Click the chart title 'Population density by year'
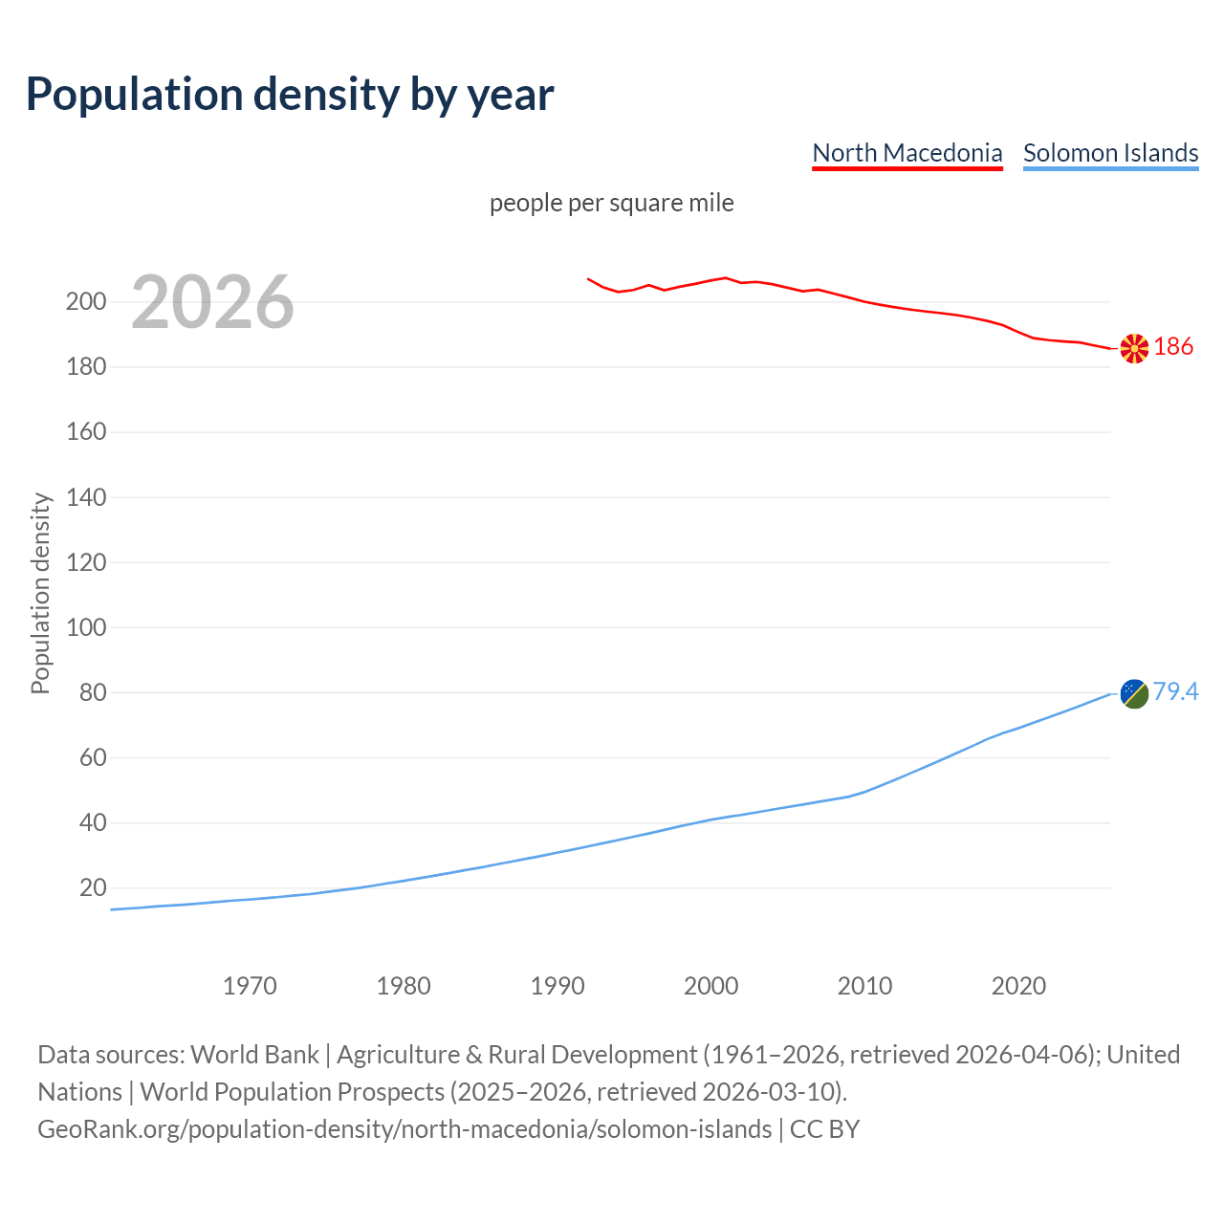pos(290,94)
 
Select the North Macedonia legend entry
pos(907,153)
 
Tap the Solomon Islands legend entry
pos(1110,153)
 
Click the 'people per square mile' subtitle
pos(611,203)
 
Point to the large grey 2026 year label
pos(212,302)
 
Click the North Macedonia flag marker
pos(1134,349)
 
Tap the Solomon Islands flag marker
pos(1134,693)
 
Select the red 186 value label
pos(1173,346)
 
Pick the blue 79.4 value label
pos(1175,691)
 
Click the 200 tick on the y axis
pos(86,302)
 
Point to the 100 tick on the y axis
pos(86,628)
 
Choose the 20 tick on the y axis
pos(93,888)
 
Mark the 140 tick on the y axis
pos(86,497)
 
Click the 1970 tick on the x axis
pos(250,986)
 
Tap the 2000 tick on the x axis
pos(710,986)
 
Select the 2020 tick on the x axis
pos(1018,986)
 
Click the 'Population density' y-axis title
pos(40,593)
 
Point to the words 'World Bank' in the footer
pos(254,1055)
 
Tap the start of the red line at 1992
pos(588,279)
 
